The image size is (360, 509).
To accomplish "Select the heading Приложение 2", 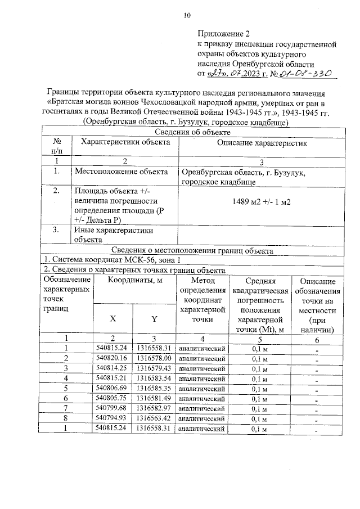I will pyautogui.click(x=224, y=33).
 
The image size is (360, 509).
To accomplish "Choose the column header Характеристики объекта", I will pyautogui.click(x=125, y=142).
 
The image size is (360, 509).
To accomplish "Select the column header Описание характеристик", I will pyautogui.click(x=262, y=143).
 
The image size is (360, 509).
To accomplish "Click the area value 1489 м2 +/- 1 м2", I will pyautogui.click(x=262, y=201).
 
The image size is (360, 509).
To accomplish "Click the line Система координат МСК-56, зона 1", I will pyautogui.click(x=112, y=260).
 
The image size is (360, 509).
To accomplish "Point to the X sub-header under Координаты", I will pyautogui.click(x=113, y=318).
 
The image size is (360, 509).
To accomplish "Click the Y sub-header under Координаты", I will pyautogui.click(x=154, y=318).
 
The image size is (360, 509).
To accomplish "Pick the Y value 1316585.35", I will pyautogui.click(x=154, y=389).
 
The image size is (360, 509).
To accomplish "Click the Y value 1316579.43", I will pyautogui.click(x=154, y=368).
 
